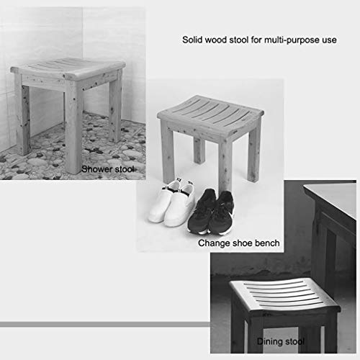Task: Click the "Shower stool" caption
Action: [108, 169]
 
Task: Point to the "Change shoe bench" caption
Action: [239, 243]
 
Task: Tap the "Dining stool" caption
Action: [281, 341]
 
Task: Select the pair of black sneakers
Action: [211, 212]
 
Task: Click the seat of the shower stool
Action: [68, 68]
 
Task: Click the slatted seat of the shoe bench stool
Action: [210, 113]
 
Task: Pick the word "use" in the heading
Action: [329, 40]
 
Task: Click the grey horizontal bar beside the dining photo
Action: [105, 325]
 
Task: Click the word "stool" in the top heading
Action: [239, 40]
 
